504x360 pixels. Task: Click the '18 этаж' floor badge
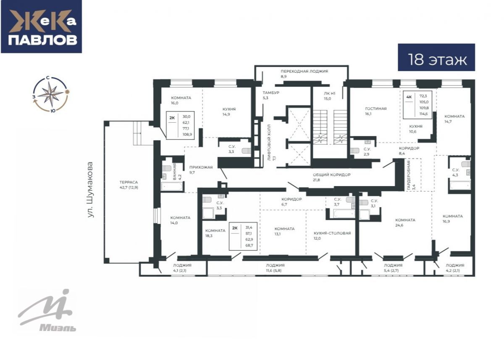click(x=436, y=58)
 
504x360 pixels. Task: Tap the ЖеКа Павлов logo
click(x=42, y=26)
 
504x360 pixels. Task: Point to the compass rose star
click(x=51, y=94)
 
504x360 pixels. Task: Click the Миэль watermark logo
click(x=47, y=310)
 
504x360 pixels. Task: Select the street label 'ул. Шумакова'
click(x=91, y=190)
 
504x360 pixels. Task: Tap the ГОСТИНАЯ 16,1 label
click(x=376, y=111)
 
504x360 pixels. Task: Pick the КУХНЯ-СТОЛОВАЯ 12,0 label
click(x=332, y=236)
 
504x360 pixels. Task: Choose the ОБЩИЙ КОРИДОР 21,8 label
click(x=331, y=177)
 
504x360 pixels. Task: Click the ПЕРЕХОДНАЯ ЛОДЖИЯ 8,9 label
click(x=304, y=74)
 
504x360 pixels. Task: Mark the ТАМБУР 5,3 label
click(x=271, y=95)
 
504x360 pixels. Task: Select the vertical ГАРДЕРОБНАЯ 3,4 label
click(x=411, y=176)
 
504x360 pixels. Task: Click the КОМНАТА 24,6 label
click(x=405, y=223)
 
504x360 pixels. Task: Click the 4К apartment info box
click(x=417, y=105)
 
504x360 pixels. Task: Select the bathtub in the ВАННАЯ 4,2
click(x=172, y=186)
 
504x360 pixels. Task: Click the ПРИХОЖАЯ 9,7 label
click(x=201, y=170)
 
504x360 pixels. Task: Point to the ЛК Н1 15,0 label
click(x=329, y=96)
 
